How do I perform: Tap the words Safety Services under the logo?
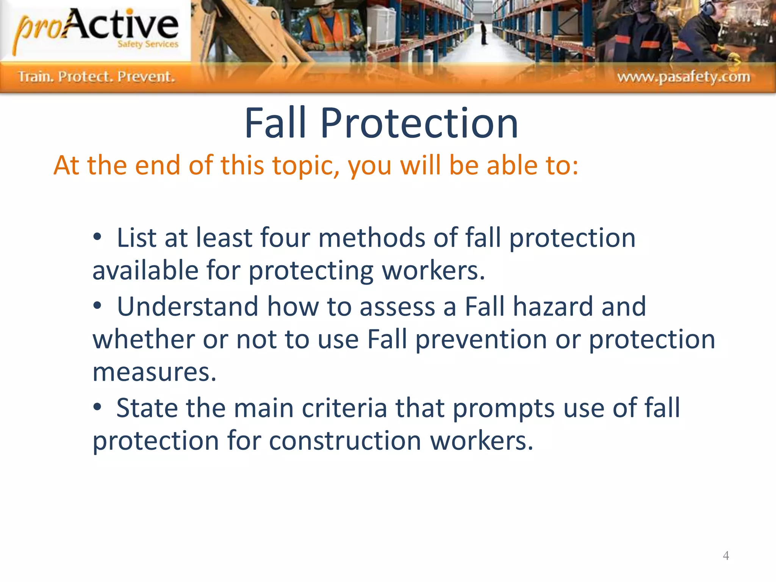click(148, 44)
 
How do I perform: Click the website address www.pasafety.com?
click(684, 77)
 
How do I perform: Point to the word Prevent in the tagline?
click(146, 77)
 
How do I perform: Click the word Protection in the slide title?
click(419, 123)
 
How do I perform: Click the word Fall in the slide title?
click(275, 123)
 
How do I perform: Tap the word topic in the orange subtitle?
click(305, 166)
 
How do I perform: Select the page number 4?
click(726, 555)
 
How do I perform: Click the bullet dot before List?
click(97, 237)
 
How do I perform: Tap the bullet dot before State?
click(97, 407)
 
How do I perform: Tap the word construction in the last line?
click(345, 441)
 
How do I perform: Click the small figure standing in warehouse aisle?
click(484, 32)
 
